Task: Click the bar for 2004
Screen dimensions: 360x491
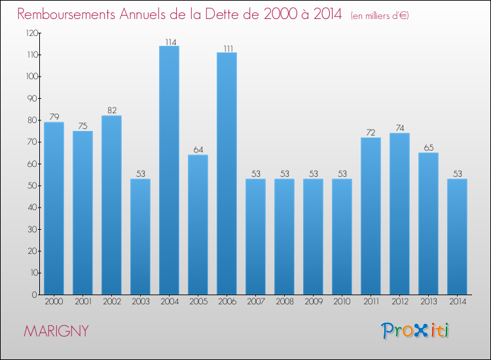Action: (169, 170)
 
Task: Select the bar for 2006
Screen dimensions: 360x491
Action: (227, 173)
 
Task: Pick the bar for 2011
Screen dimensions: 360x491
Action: (371, 216)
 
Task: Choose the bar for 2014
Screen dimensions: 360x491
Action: (457, 236)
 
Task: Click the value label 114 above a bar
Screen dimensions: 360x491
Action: (169, 42)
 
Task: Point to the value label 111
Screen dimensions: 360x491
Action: (227, 48)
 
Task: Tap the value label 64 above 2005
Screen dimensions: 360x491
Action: (198, 151)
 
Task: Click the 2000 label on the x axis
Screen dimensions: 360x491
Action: (54, 302)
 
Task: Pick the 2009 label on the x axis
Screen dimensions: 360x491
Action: (313, 302)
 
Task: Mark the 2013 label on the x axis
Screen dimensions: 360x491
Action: (428, 302)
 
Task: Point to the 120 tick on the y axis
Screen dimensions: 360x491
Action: (30, 33)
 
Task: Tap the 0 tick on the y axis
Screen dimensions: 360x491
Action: (34, 295)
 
